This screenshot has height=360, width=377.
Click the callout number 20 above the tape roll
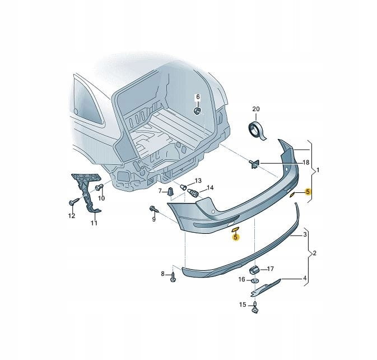pos(256,109)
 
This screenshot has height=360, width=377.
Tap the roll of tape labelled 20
pos(257,131)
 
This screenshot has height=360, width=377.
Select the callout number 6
pos(198,97)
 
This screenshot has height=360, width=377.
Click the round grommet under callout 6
pos(197,111)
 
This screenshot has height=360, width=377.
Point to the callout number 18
pos(306,163)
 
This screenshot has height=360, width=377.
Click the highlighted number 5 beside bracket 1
pos(308,192)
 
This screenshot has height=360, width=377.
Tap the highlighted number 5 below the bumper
pos(235,237)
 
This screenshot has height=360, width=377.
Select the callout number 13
pos(198,181)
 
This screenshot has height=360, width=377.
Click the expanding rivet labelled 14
pos(193,192)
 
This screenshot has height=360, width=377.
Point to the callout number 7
pos(160,191)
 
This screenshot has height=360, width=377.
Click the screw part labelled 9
pos(154,210)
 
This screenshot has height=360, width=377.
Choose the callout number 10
pos(101,198)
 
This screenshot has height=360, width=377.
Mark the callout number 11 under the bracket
pos(94,223)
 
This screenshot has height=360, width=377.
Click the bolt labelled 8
pos(173,277)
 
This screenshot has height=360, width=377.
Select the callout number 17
pos(271,269)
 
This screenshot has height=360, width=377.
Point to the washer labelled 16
pos(255,280)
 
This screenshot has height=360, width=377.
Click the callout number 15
pos(243,304)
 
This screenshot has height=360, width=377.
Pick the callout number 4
pos(305,279)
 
